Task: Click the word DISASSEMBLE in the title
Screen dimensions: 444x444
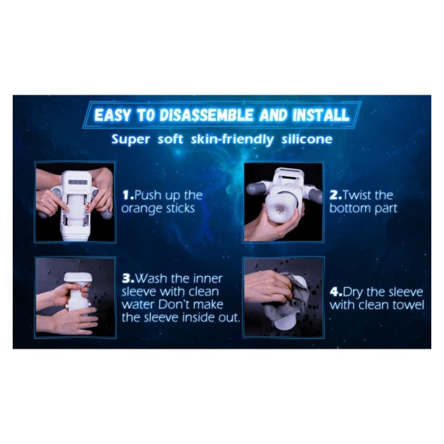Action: (206, 115)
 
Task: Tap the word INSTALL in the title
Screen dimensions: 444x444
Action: (320, 115)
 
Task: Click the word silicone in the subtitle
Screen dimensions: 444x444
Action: (306, 139)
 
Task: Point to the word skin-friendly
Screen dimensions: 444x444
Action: (232, 140)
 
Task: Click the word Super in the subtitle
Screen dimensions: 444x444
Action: (131, 140)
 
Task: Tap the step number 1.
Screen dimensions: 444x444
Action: (128, 195)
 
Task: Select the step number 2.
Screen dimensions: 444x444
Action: (336, 195)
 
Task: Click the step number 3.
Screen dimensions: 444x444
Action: (128, 278)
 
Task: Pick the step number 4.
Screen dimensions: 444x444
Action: (336, 292)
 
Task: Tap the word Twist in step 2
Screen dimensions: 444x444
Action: (358, 195)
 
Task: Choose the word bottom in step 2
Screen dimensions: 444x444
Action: (350, 208)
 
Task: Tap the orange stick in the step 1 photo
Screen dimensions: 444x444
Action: (88, 208)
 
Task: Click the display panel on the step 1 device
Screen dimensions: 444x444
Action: (77, 183)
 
